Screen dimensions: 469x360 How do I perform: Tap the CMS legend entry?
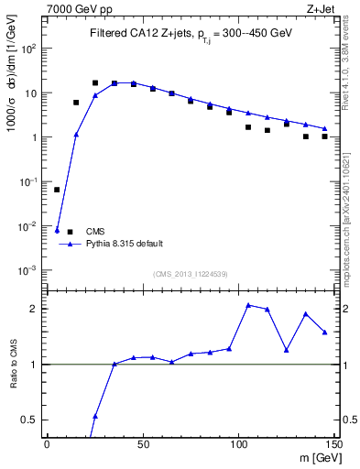pyautogui.click(x=96, y=231)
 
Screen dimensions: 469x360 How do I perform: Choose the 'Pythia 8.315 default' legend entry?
pyautogui.click(x=124, y=244)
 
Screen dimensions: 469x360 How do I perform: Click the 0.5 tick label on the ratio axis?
pyautogui.click(x=30, y=420)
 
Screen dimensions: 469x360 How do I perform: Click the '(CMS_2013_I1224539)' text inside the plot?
pyautogui.click(x=191, y=273)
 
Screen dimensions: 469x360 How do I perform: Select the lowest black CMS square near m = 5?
pyautogui.click(x=57, y=190)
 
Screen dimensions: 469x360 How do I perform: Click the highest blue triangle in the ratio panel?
pyautogui.click(x=248, y=305)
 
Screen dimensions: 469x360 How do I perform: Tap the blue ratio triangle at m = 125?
pyautogui.click(x=287, y=350)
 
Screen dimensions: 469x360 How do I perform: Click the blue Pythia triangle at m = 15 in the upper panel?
pyautogui.click(x=76, y=135)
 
